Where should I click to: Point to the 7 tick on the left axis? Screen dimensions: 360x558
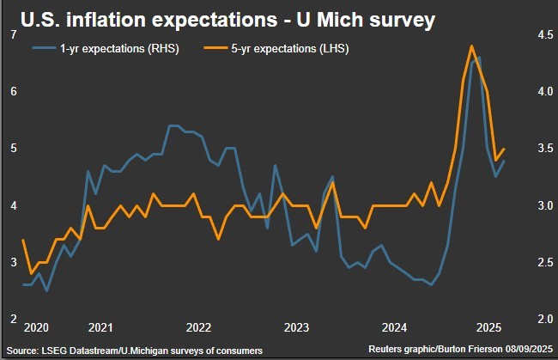[x=13, y=34]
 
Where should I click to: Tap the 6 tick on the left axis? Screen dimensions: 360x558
[x=13, y=91]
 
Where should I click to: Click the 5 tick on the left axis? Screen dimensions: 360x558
[x=13, y=148]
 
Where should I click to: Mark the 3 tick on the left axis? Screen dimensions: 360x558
[x=13, y=262]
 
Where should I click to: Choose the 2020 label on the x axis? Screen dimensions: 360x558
[x=36, y=327]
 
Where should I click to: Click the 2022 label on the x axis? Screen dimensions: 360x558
[x=198, y=327]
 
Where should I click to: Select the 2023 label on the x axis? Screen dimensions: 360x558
[x=296, y=327]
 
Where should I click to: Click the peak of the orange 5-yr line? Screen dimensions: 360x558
[x=471, y=46]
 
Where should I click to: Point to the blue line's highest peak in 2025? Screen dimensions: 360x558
[x=478, y=58]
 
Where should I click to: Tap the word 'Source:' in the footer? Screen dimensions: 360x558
[x=25, y=351]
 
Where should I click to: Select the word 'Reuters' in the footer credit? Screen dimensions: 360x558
[x=387, y=351]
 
